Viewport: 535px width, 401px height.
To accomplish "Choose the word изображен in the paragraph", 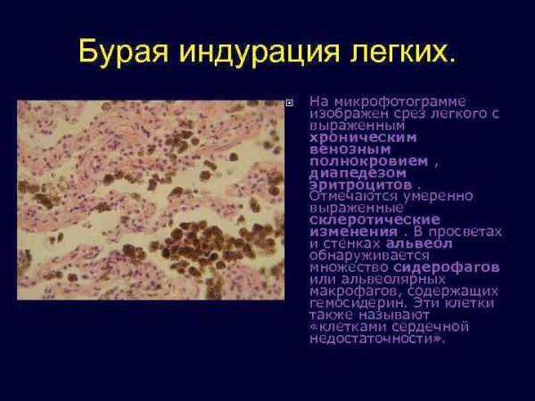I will click(x=349, y=114).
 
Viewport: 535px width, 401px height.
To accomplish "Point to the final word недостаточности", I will click(x=375, y=338).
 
